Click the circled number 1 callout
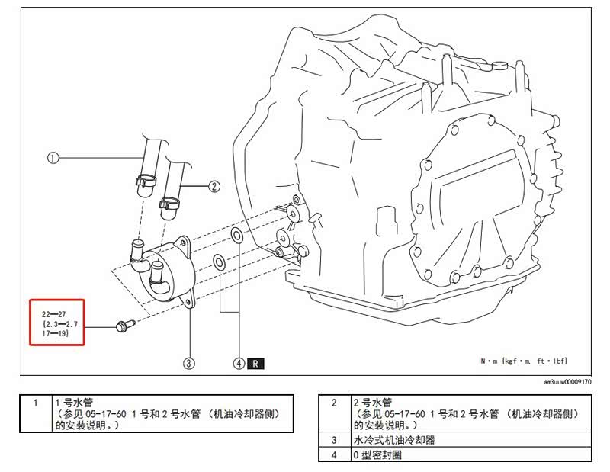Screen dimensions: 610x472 coord(53,158)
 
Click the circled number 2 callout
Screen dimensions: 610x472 coord(214,186)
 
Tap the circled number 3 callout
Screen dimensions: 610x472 coord(188,364)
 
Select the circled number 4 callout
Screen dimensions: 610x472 coord(239,364)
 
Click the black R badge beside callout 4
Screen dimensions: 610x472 coord(255,364)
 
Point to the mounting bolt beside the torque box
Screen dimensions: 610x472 coord(126,326)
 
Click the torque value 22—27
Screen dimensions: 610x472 coord(53,314)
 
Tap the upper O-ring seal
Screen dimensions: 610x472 coord(236,235)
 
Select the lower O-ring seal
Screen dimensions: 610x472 coord(219,262)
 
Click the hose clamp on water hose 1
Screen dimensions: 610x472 coord(146,180)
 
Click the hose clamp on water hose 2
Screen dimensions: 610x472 coord(169,202)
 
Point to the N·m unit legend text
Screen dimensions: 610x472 coord(524,361)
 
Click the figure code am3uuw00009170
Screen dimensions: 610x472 coord(567,382)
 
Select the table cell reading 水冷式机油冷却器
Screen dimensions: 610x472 coord(393,440)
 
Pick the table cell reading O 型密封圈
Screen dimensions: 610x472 coord(377,454)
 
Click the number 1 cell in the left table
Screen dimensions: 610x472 coord(36,413)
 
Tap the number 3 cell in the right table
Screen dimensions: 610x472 coord(334,440)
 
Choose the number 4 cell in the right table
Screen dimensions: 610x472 coord(334,454)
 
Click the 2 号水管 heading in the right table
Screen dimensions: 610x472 coord(372,403)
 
